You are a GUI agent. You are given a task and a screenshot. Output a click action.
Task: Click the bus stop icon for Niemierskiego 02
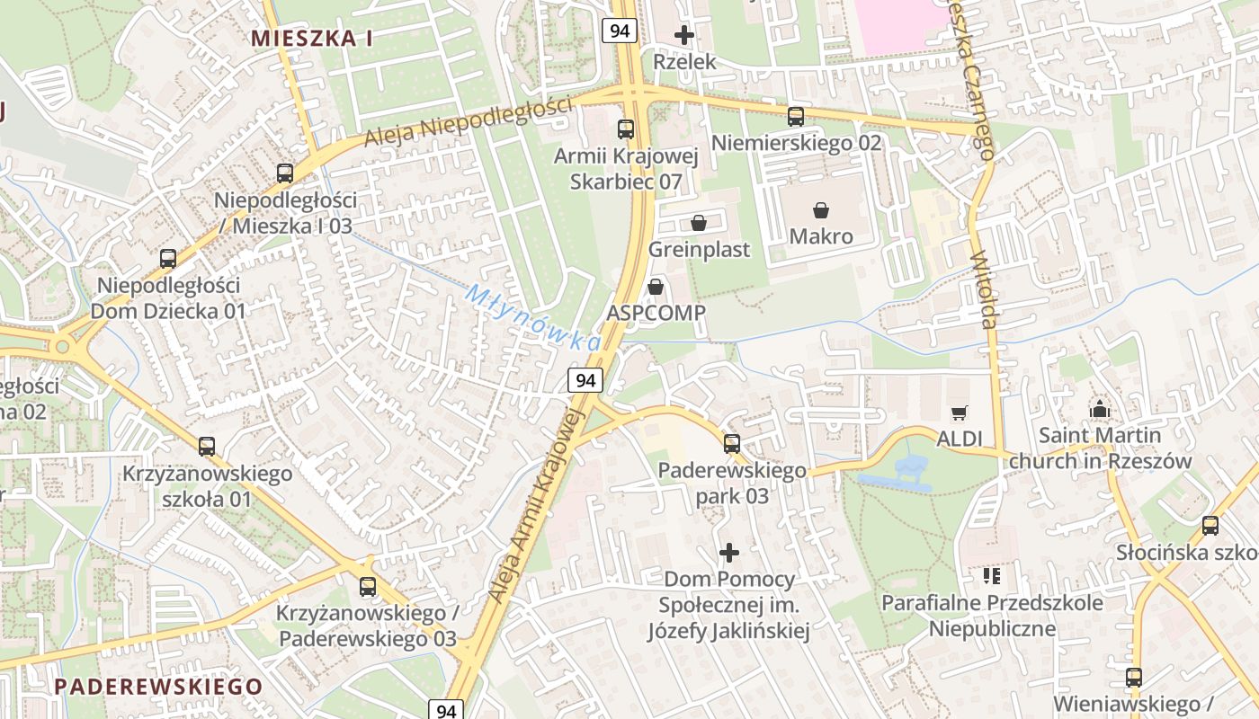[795, 116]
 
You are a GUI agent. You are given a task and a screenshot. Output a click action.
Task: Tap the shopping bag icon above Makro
[821, 210]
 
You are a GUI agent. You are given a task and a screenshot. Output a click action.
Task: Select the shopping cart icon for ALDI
[960, 413]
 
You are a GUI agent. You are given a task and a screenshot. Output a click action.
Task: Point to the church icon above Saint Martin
[1099, 409]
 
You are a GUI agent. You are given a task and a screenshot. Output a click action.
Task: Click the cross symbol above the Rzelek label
[684, 36]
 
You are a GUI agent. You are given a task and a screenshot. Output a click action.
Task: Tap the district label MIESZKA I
[312, 38]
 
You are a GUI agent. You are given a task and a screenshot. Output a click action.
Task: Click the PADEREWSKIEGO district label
[158, 687]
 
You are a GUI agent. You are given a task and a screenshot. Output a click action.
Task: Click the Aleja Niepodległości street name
[468, 122]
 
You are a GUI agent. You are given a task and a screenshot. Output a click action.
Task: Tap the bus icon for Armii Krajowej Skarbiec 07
[626, 129]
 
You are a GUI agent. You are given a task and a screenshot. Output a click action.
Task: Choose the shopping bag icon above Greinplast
[699, 223]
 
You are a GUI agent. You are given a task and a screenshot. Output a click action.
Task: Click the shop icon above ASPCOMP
[656, 287]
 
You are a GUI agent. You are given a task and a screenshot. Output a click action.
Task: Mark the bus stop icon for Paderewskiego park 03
[732, 443]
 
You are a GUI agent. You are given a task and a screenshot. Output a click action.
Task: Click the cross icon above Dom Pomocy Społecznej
[729, 552]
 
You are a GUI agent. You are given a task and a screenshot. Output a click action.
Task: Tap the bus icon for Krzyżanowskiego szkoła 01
[207, 446]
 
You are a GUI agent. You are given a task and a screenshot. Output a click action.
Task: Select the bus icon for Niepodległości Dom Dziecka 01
[168, 259]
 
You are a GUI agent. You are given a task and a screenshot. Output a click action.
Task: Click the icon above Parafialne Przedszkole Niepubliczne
[992, 575]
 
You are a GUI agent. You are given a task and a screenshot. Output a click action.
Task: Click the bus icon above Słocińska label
[1210, 526]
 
